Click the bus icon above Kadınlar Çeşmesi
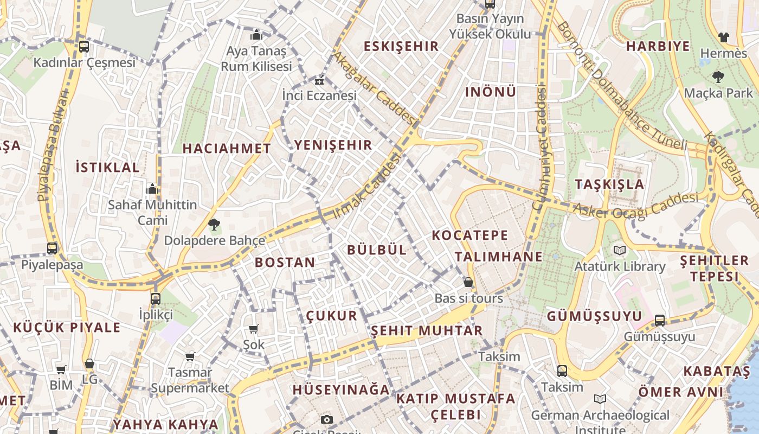pos(83,47)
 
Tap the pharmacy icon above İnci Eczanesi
pos(319,81)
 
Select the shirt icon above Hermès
pos(723,37)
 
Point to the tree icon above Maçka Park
pos(718,76)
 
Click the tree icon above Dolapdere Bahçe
pos(214,224)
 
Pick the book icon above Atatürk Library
pos(619,251)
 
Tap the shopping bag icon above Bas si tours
pos(468,283)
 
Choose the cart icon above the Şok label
pos(253,329)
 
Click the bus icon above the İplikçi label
pos(156,298)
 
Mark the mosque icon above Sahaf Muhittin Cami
pos(152,189)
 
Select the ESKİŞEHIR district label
pos(401,47)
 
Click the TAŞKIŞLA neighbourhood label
pos(609,184)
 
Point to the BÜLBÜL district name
pos(376,250)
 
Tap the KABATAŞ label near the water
pos(716,372)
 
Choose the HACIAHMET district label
pos(227,149)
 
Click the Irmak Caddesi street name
pos(367,186)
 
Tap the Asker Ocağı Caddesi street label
pos(635,205)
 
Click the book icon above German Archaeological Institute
pos(600,399)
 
